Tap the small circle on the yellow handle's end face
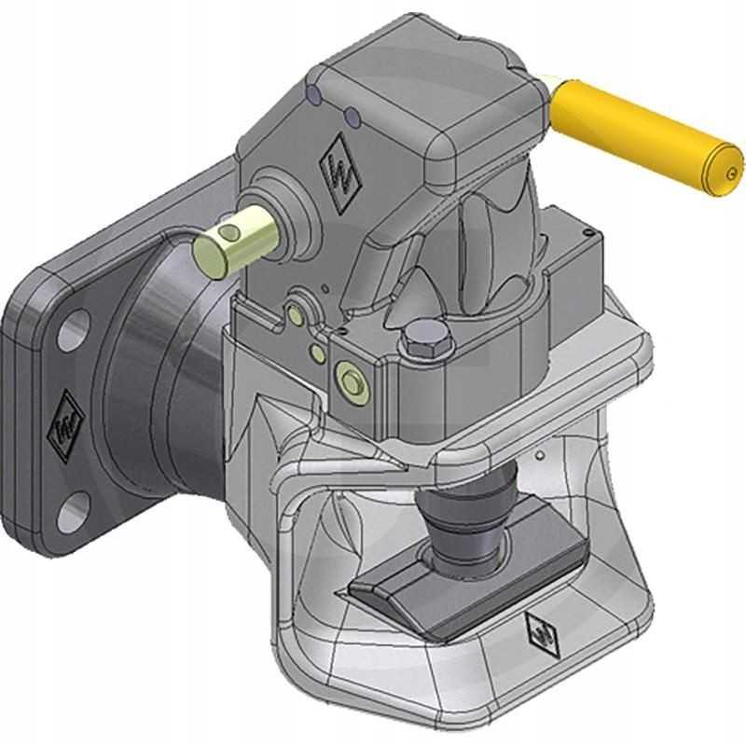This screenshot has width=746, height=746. pyautogui.click(x=730, y=173)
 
